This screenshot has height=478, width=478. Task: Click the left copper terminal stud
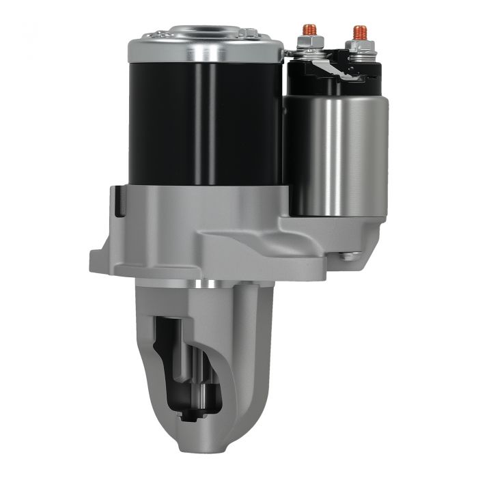[309, 31]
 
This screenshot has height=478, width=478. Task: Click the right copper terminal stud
[360, 32]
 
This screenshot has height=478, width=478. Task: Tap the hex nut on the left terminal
[309, 45]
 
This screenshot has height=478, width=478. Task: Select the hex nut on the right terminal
[360, 47]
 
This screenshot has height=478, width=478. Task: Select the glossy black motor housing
[205, 123]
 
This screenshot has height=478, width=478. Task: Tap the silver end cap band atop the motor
[205, 49]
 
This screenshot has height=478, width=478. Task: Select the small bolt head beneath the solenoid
[350, 256]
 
